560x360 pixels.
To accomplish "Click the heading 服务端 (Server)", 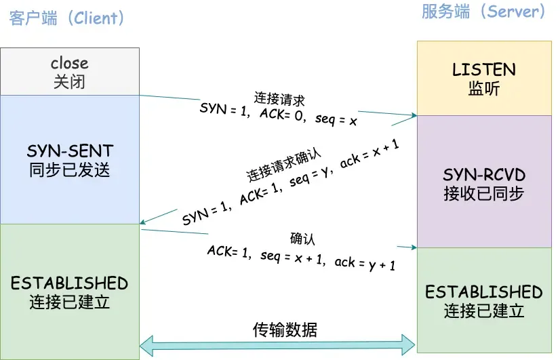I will click(483, 12).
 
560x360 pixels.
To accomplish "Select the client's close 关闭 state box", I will click(70, 72).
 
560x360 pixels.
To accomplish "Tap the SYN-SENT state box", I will click(70, 159).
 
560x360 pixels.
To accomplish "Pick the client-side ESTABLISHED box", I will click(70, 292).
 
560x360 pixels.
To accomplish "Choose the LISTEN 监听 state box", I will click(484, 78).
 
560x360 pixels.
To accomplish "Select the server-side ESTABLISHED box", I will click(484, 300).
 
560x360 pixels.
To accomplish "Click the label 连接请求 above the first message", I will click(280, 98).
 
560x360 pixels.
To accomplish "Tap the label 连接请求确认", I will click(283, 163).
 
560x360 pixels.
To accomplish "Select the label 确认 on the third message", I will click(302, 238).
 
